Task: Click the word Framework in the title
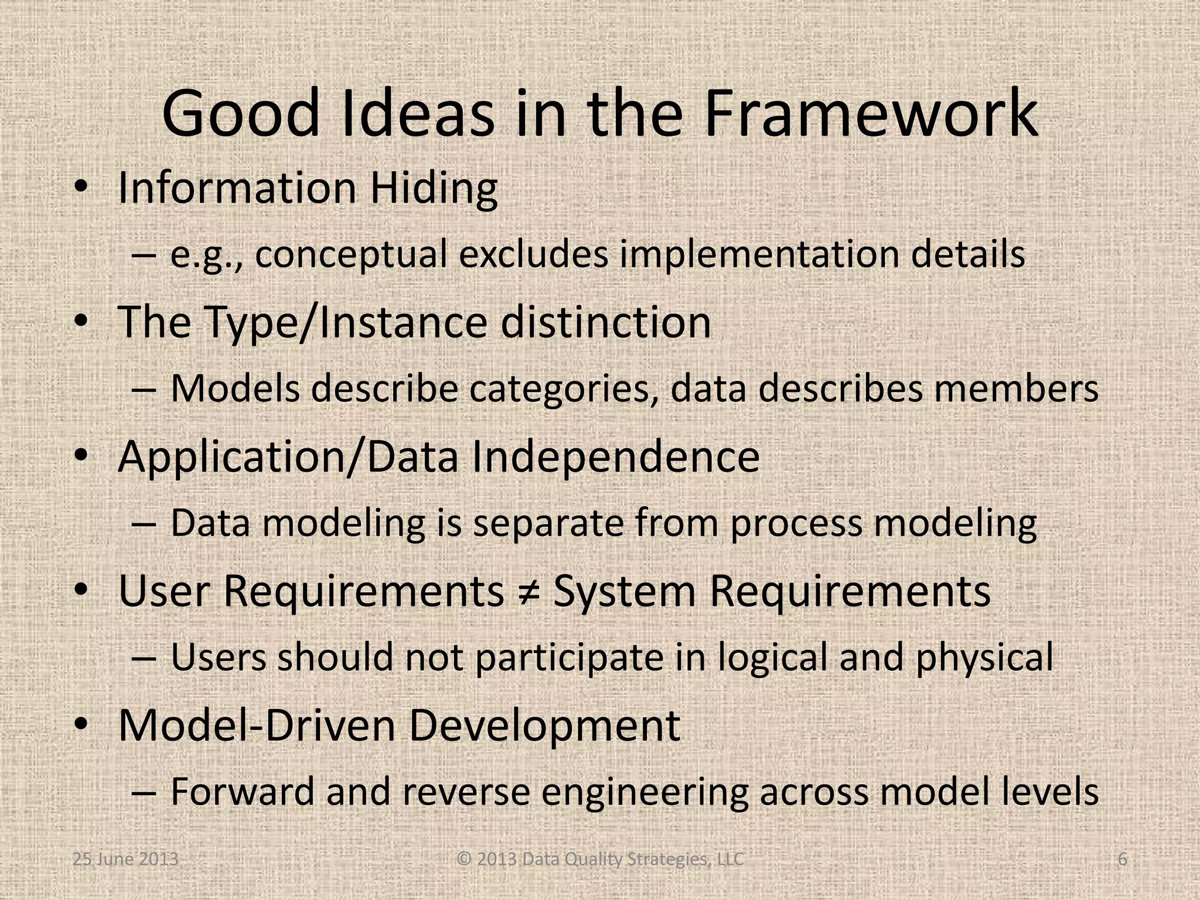pos(871,114)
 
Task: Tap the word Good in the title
pos(240,114)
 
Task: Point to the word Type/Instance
pos(346,323)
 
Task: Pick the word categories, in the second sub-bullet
pos(561,389)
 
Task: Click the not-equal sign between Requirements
pos(529,592)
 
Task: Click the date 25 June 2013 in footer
pos(125,860)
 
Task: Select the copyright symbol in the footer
pos(464,860)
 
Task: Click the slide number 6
pos(1122,860)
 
